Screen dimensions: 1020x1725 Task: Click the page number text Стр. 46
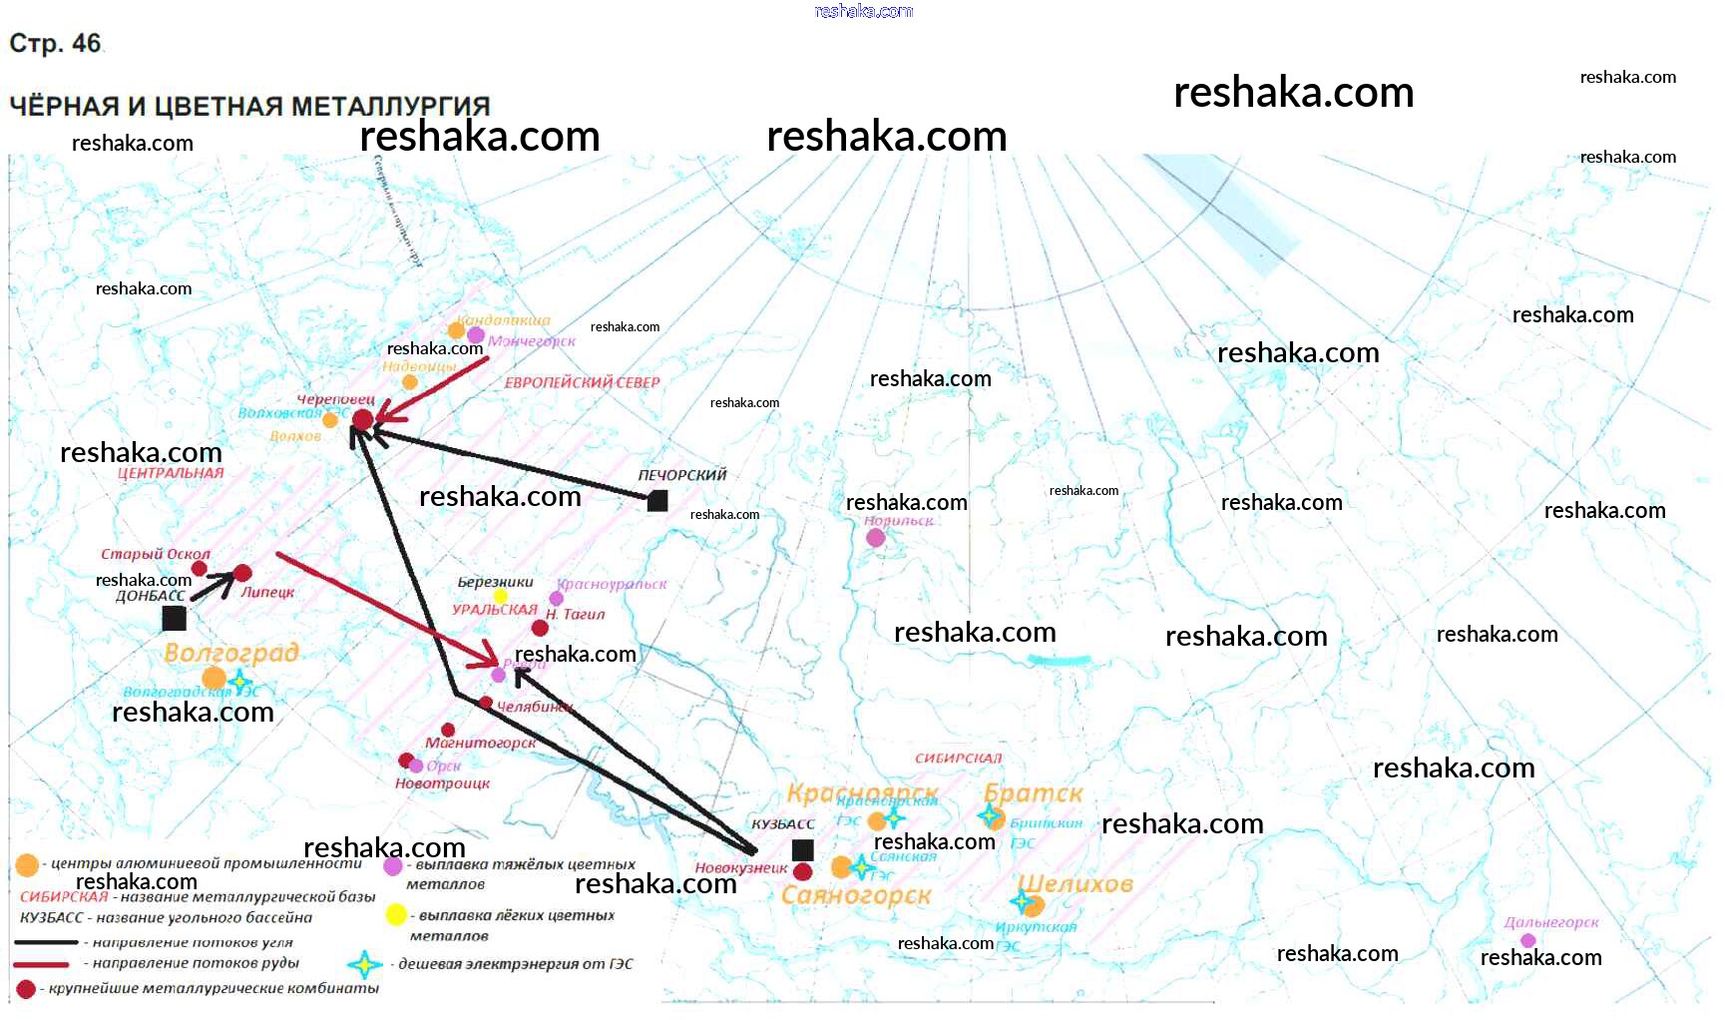pyautogui.click(x=55, y=44)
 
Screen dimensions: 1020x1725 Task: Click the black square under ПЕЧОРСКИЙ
pyautogui.click(x=657, y=500)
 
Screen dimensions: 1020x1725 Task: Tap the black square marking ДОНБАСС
pyautogui.click(x=174, y=619)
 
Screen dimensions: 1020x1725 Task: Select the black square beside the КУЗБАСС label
pyautogui.click(x=802, y=850)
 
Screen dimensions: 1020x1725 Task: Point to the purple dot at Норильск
pyautogui.click(x=875, y=538)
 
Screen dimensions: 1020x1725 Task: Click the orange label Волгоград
pyautogui.click(x=231, y=653)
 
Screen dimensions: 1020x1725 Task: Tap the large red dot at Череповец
pyautogui.click(x=363, y=419)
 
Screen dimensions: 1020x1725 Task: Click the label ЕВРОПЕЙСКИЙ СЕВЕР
pyautogui.click(x=582, y=382)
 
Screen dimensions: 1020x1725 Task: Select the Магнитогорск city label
pyautogui.click(x=480, y=743)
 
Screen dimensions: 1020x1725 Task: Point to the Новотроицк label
pyautogui.click(x=442, y=783)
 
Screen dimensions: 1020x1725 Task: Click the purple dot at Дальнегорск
pyautogui.click(x=1527, y=940)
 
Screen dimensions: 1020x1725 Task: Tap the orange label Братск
pyautogui.click(x=1033, y=794)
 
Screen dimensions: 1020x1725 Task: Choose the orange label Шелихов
pyautogui.click(x=1076, y=884)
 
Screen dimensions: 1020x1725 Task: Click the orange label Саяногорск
pyautogui.click(x=856, y=895)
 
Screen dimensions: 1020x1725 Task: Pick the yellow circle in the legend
pyautogui.click(x=396, y=914)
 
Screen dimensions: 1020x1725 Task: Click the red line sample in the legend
pyautogui.click(x=41, y=964)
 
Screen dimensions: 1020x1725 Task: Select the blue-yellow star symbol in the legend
pyautogui.click(x=365, y=964)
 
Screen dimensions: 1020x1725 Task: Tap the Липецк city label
pyautogui.click(x=267, y=592)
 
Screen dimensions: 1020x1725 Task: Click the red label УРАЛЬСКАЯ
pyautogui.click(x=495, y=609)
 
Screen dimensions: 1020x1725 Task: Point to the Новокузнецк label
pyautogui.click(x=740, y=868)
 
